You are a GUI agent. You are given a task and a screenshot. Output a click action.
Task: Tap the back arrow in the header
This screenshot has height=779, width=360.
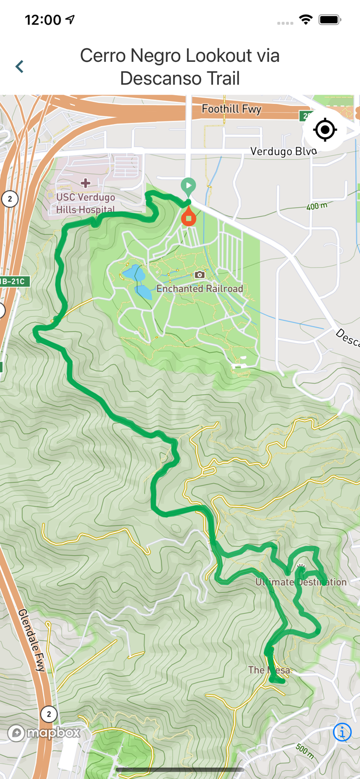[x=20, y=66]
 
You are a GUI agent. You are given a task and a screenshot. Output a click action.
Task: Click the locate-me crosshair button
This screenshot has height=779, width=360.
[x=325, y=130]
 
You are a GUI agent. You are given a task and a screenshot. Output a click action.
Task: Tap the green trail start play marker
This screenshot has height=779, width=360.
[x=188, y=185]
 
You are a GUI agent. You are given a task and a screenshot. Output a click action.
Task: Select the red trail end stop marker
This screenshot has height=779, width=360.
[x=189, y=217]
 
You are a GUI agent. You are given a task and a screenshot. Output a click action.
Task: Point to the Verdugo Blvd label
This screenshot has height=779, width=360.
[x=283, y=151]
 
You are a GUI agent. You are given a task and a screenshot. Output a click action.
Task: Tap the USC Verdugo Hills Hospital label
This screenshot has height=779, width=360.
[x=86, y=204]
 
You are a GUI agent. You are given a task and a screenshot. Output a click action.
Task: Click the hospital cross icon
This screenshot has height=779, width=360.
[x=86, y=183]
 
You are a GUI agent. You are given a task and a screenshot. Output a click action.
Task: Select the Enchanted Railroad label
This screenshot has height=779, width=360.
[x=199, y=289]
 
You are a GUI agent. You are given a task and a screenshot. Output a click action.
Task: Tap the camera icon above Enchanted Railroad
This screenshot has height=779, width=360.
[x=199, y=275]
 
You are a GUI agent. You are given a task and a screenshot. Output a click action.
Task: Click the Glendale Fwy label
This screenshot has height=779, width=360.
[x=32, y=640]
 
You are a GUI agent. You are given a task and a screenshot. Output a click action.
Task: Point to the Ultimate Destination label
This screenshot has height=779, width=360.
[x=301, y=582]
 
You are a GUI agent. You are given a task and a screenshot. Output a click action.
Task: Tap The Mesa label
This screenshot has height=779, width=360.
[x=269, y=670]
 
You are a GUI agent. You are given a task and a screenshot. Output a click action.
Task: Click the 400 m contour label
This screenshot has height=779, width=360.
[x=317, y=206]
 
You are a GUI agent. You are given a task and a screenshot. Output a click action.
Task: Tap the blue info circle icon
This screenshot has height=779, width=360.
[x=342, y=732]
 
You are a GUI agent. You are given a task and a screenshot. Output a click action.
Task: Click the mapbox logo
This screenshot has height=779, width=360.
[x=44, y=733]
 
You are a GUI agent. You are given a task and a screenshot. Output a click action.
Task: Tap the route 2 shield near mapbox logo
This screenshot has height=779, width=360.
[x=49, y=714]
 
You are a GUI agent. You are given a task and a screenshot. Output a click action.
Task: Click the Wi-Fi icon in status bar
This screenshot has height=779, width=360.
[x=305, y=20]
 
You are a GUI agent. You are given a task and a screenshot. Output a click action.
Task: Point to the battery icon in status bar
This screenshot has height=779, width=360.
[x=329, y=20]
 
